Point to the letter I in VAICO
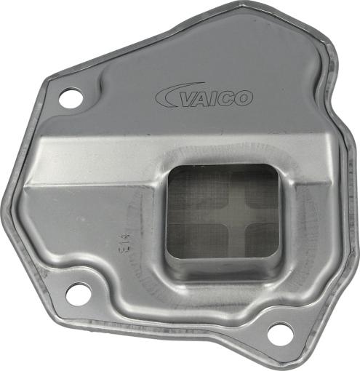pyautogui.click(x=216, y=98)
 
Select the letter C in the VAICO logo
pyautogui.click(x=227, y=98)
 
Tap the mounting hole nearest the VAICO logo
pyautogui.click(x=71, y=98)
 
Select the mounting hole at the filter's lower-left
pyautogui.click(x=78, y=295)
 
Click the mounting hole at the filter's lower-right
pyautogui.click(x=279, y=332)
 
